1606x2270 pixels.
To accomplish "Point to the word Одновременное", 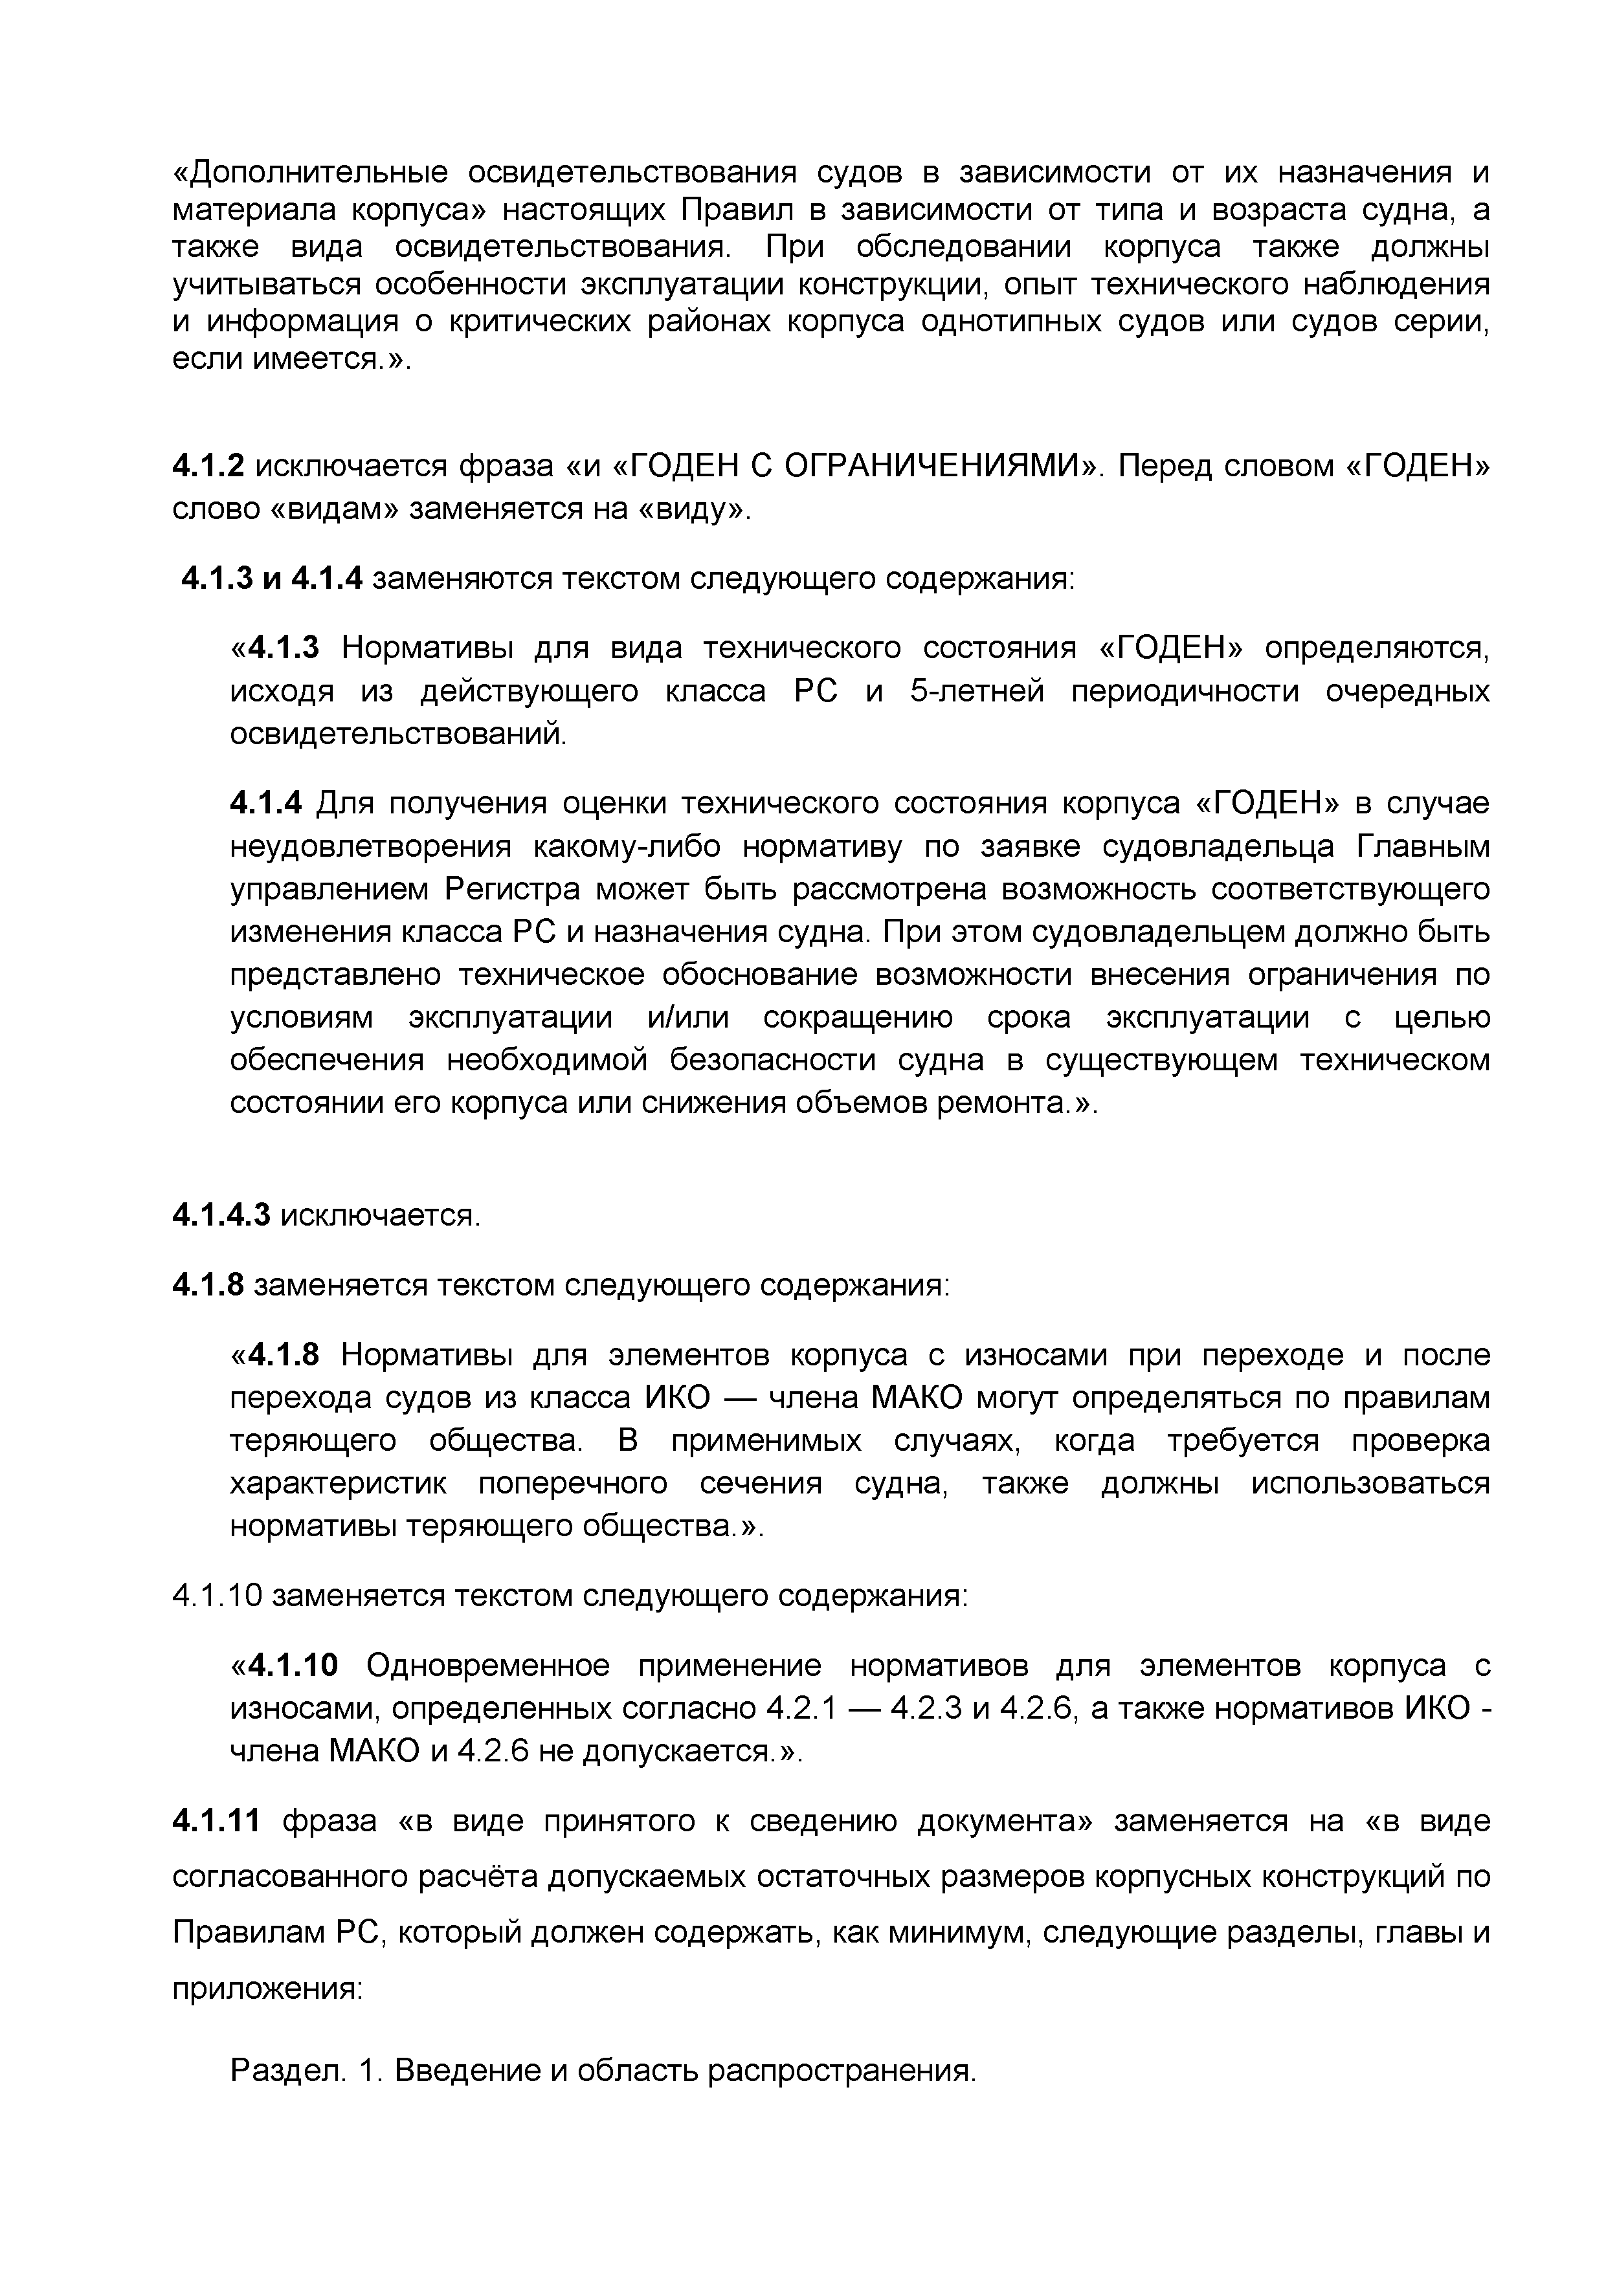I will click(487, 1665).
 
